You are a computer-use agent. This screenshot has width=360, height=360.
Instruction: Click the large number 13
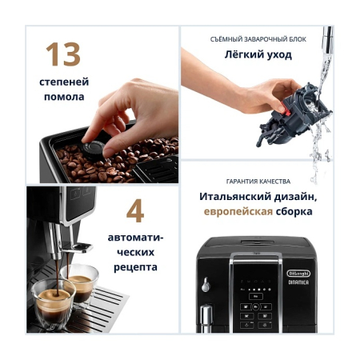point(62,54)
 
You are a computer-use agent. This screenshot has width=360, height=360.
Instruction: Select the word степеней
point(63,82)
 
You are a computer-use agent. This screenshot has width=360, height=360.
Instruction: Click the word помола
point(63,98)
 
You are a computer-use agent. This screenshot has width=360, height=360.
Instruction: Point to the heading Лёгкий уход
point(257,55)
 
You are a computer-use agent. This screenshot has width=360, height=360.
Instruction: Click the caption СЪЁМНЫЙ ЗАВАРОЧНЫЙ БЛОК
point(257,38)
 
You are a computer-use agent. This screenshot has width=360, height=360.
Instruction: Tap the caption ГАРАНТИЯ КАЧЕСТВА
point(257,181)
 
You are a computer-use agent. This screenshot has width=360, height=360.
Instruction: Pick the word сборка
point(293,212)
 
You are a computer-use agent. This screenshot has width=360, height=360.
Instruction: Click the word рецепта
point(134,266)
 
